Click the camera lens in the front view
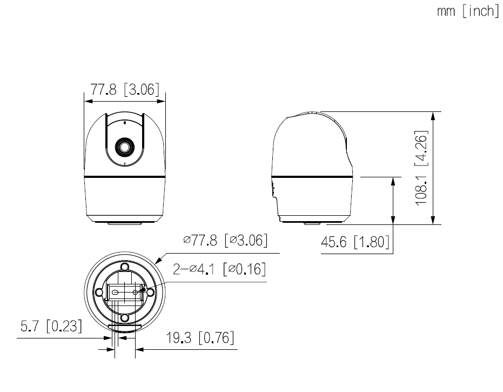(124, 147)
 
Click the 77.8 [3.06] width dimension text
(125, 90)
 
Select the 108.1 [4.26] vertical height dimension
(422, 168)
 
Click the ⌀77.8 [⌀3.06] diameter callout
(225, 240)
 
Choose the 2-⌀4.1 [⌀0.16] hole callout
(219, 269)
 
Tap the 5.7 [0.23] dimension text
(51, 327)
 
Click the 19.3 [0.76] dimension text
(200, 338)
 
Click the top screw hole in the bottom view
(124, 267)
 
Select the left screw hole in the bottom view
(99, 292)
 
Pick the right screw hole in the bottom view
(150, 292)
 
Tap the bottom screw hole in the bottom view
(124, 317)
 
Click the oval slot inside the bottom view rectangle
(116, 292)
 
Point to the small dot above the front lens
(124, 123)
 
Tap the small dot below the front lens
(124, 163)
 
